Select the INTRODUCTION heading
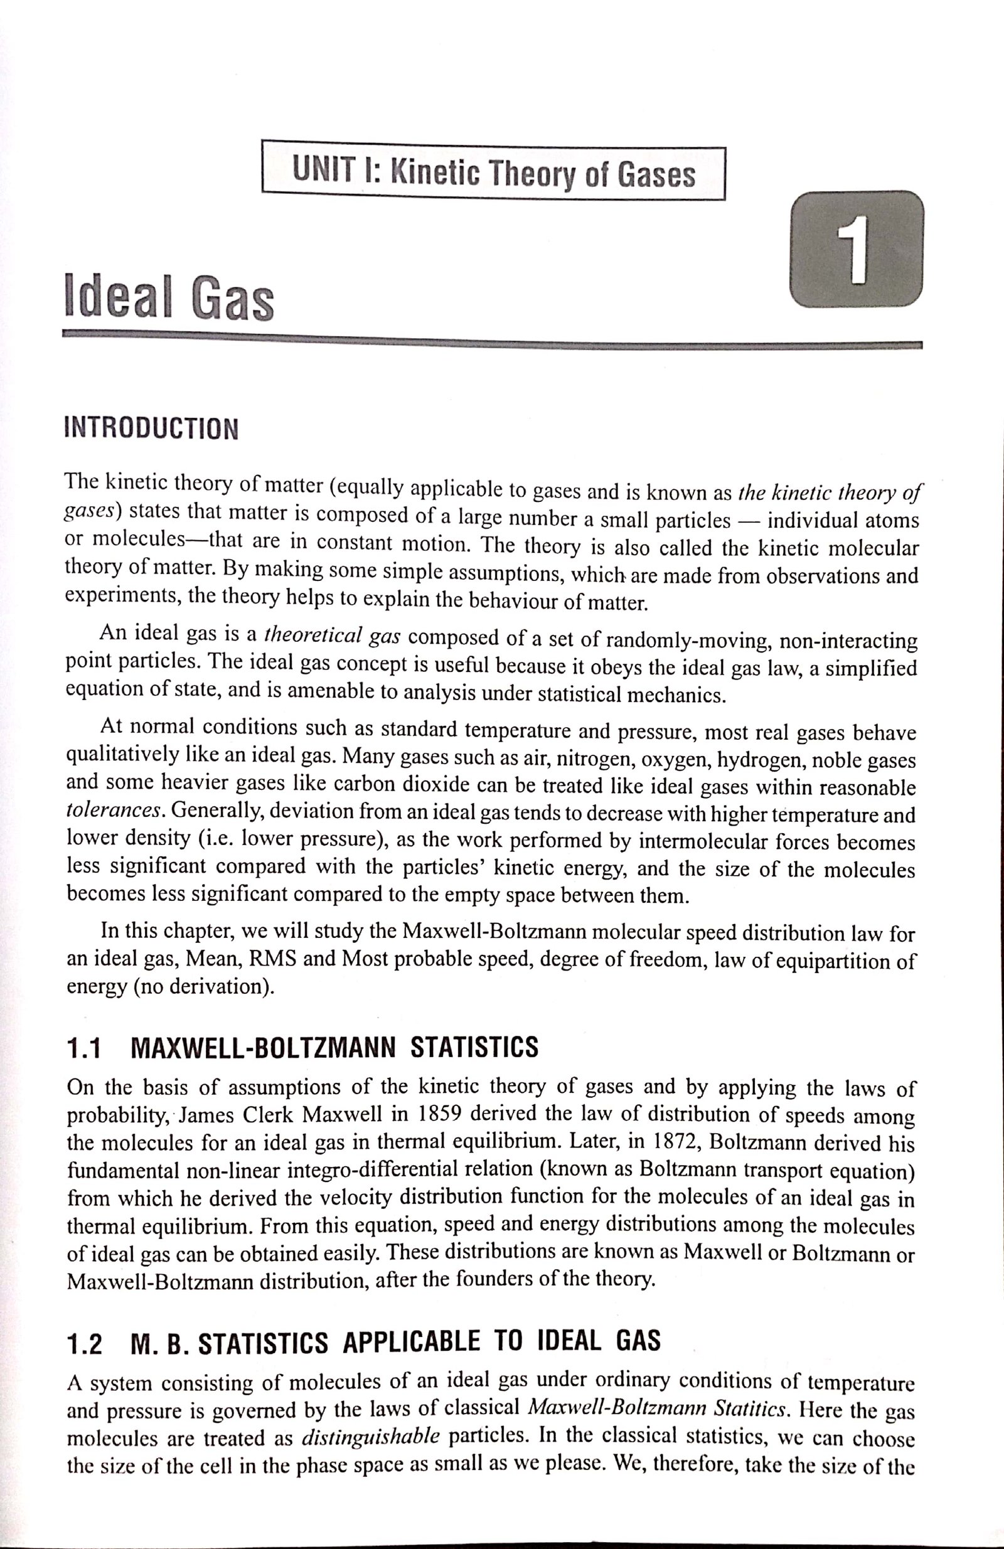151,429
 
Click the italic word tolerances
115,812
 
